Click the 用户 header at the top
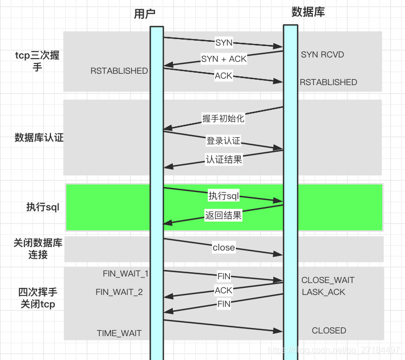tap(144, 14)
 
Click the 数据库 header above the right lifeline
tap(308, 12)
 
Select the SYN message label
tap(224, 43)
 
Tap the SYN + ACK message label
tap(224, 59)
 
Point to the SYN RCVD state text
tap(323, 55)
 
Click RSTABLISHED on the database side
tap(329, 82)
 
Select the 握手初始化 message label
tap(223, 118)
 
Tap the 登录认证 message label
tap(223, 141)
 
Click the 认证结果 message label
tap(224, 159)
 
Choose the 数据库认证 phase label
tap(39, 138)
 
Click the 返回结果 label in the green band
tap(223, 215)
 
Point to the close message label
tap(224, 247)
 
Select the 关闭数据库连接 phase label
tap(38, 249)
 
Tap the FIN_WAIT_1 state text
tap(126, 273)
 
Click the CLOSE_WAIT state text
tap(328, 280)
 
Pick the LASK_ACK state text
tap(323, 292)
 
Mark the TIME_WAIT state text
tap(119, 333)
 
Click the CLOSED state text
tap(329, 331)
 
